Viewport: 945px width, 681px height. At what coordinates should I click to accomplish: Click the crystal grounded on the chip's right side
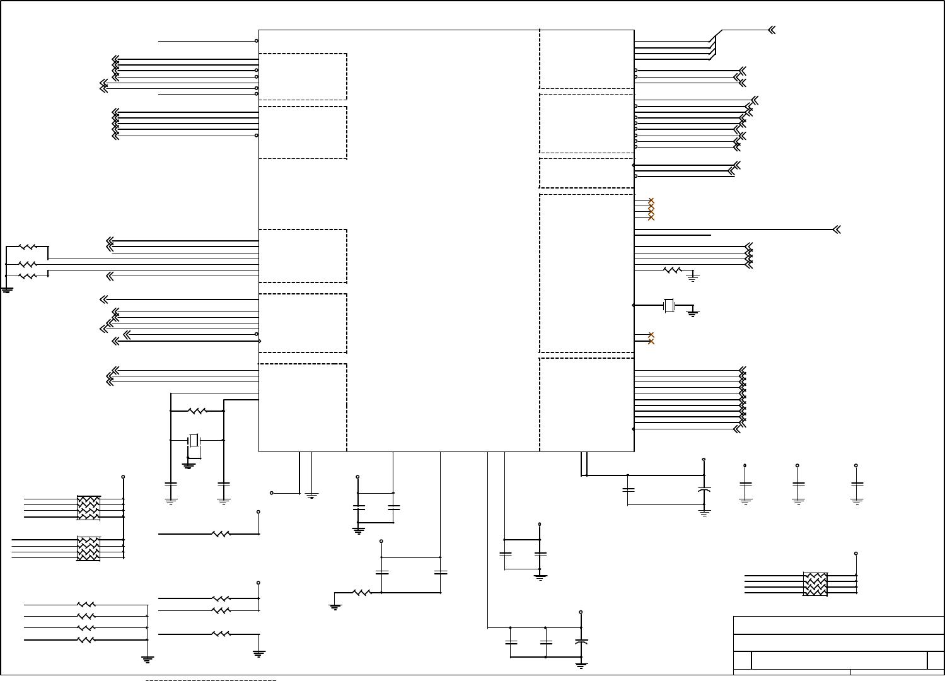click(x=669, y=306)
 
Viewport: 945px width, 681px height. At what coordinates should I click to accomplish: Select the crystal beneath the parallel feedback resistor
click(x=194, y=439)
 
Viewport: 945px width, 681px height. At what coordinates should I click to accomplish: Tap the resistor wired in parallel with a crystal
click(x=197, y=411)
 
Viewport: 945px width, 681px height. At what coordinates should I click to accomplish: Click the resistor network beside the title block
click(x=815, y=584)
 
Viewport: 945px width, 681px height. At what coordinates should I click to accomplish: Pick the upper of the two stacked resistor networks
click(x=88, y=508)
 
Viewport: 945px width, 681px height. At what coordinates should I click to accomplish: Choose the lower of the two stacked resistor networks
click(x=88, y=549)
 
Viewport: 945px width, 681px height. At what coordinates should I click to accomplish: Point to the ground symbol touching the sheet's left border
click(x=7, y=290)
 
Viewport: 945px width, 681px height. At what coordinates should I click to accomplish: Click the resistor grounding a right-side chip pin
click(x=673, y=270)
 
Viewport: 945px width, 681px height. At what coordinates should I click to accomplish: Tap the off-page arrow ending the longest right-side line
click(x=837, y=230)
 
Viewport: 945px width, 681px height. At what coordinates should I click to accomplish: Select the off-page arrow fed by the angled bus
click(x=772, y=30)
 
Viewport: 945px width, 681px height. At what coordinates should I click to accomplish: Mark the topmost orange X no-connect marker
click(x=651, y=201)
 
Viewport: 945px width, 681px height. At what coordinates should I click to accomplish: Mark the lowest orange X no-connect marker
click(x=651, y=341)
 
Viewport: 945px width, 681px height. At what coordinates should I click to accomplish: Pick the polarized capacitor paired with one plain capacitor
click(x=704, y=490)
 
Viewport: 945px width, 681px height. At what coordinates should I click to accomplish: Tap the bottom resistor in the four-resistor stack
click(x=86, y=640)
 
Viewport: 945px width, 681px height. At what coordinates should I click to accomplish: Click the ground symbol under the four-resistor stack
click(x=148, y=659)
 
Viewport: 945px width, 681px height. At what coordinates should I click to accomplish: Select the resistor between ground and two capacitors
click(x=361, y=593)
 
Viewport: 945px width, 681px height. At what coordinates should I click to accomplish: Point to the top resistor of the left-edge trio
click(x=27, y=247)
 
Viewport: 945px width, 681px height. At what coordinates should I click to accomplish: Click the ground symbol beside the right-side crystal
click(x=692, y=313)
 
